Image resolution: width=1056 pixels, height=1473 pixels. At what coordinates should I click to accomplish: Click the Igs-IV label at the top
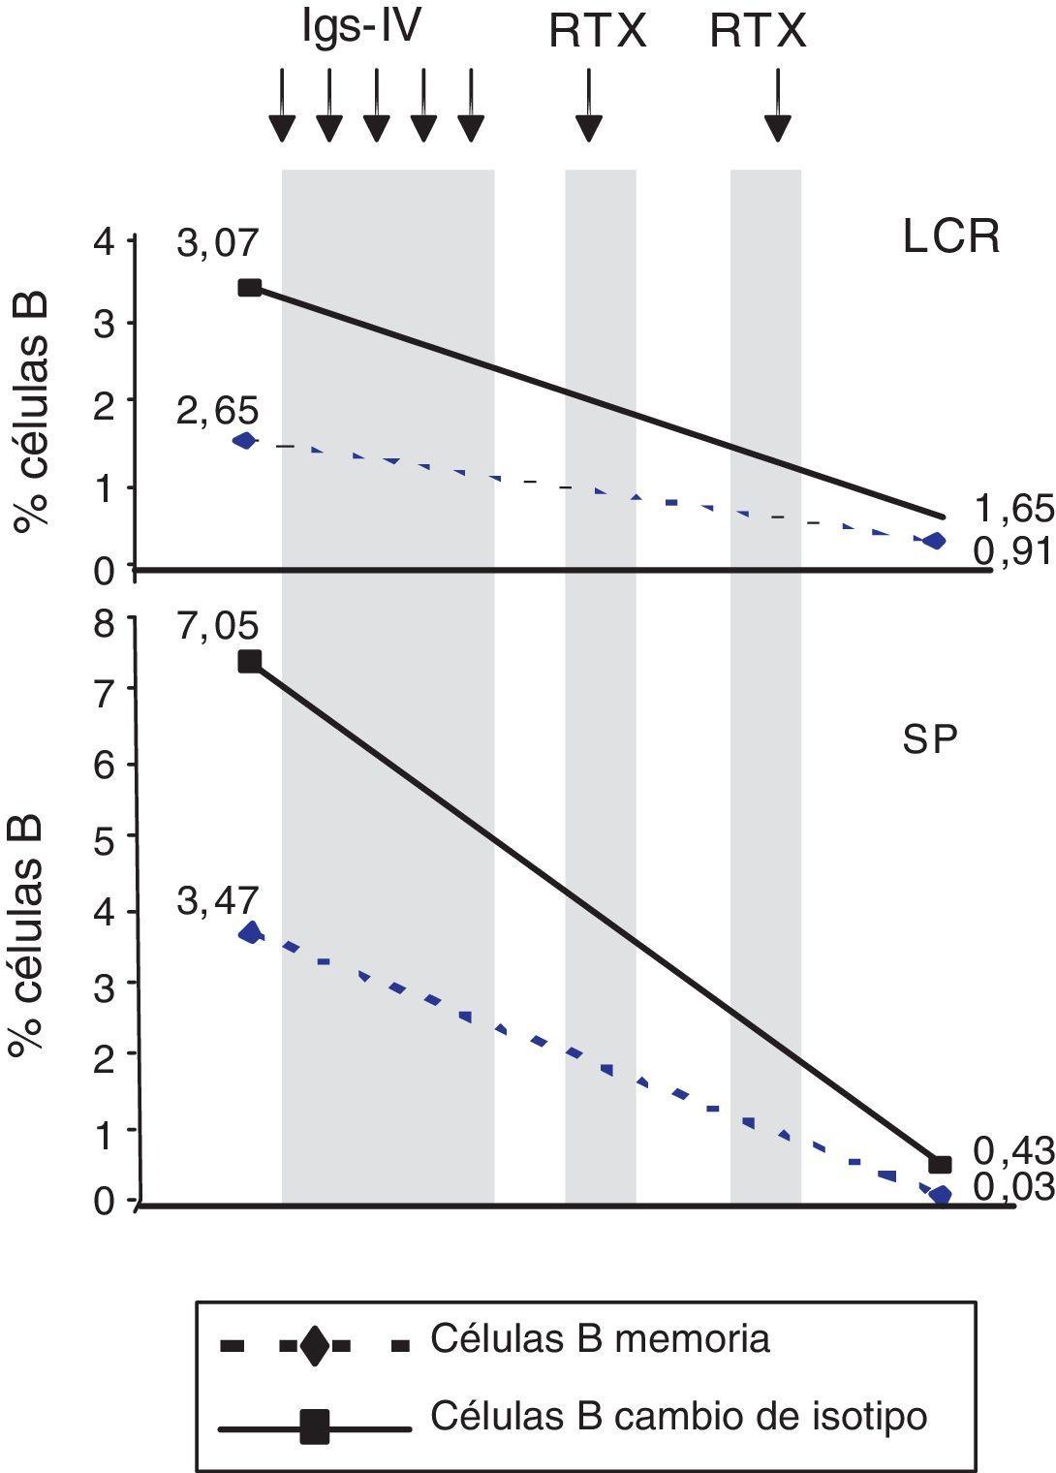pos(361,28)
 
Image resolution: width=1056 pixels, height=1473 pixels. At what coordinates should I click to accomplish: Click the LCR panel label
pos(950,237)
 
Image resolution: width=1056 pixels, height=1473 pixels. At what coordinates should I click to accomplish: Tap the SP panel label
pos(930,740)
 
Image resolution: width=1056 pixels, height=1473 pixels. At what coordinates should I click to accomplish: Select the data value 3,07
pos(218,242)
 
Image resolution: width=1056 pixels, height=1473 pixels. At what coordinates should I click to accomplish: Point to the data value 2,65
pos(218,410)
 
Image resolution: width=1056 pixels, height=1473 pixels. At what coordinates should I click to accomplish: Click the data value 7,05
pos(218,625)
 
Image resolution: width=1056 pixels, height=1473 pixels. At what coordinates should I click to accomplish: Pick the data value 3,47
pos(218,901)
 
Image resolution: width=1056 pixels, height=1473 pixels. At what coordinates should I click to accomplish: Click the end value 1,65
pos(1012,508)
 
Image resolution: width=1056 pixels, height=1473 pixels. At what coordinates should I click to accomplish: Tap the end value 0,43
pos(1012,1150)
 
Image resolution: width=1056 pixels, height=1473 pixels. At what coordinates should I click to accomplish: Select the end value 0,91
pos(1012,551)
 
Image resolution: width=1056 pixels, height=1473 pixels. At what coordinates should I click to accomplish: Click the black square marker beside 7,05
pos(249,662)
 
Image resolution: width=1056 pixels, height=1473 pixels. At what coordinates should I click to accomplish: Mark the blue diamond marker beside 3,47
pos(252,933)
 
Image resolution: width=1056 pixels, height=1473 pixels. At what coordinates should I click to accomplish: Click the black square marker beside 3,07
pos(249,287)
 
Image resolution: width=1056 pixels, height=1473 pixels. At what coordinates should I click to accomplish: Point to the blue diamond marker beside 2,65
pos(245,441)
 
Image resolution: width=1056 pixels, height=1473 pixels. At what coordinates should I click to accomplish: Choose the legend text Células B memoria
pos(600,1338)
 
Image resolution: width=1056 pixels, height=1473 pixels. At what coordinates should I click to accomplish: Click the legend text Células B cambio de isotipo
pos(678,1416)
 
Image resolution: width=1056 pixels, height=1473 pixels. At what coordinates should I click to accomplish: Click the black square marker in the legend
pos(314,1426)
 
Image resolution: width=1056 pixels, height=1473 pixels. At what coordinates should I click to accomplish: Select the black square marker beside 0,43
pos(940,1164)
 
